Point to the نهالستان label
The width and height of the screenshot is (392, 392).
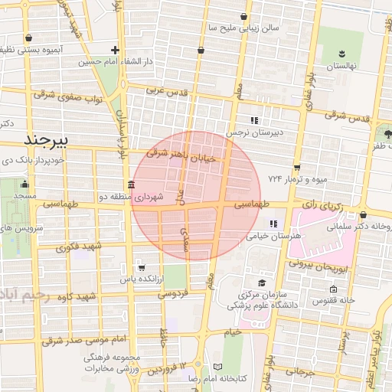click(343, 67)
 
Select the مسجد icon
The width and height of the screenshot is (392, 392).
click(24, 184)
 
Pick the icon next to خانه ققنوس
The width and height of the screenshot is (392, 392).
click(333, 289)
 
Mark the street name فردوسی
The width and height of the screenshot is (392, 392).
click(174, 292)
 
